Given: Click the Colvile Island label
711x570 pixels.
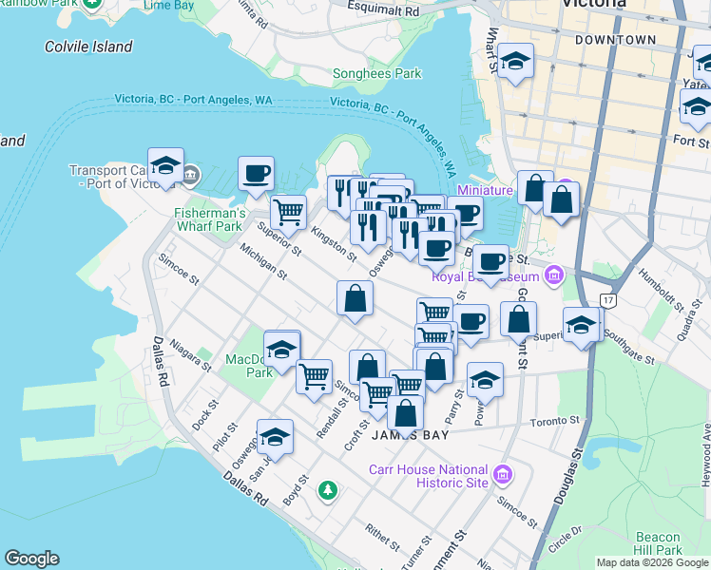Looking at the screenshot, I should [x=88, y=47].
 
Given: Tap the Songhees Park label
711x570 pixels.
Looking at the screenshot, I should [x=382, y=73].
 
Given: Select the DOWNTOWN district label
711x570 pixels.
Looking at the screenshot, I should [x=615, y=40].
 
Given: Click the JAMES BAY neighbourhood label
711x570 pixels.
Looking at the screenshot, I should [x=409, y=435].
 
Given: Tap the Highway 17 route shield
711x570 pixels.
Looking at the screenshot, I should [x=605, y=299].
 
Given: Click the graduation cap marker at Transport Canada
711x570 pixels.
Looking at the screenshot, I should [x=165, y=167].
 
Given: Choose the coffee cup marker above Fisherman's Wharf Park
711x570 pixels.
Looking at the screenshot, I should [x=256, y=175].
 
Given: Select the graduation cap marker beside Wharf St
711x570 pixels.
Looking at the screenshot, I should [x=515, y=62].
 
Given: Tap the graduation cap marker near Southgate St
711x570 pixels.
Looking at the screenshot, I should [x=581, y=326].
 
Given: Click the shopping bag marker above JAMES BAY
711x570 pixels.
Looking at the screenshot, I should [x=405, y=413].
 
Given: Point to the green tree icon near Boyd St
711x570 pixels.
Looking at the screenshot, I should [x=328, y=489].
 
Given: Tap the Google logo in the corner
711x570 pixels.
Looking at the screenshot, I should [x=31, y=559].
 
